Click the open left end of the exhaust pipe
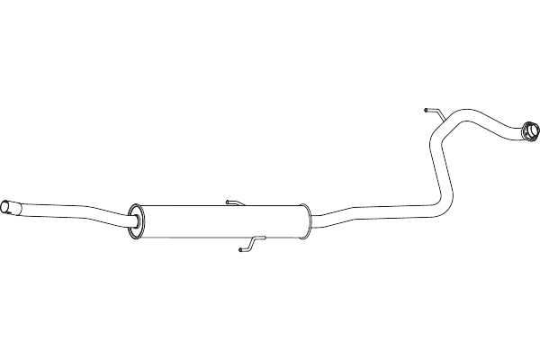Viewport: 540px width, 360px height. pos(6,209)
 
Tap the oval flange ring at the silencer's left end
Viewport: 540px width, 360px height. pos(137,221)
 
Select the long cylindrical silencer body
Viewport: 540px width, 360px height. pos(220,221)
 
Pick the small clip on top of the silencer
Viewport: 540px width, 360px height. pos(236,202)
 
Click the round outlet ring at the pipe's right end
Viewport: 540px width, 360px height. pos(529,135)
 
